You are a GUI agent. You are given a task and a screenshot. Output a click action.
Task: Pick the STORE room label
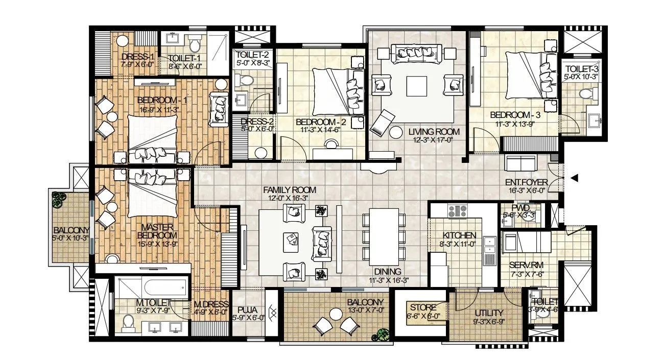(422, 307)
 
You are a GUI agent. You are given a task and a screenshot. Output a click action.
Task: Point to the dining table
(383, 236)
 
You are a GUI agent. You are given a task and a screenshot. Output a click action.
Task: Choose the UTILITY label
(489, 313)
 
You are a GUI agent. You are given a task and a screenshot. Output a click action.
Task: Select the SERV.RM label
(522, 266)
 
